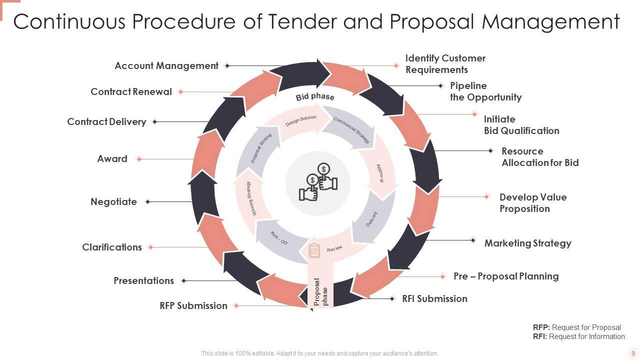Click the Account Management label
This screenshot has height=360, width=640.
(x=166, y=65)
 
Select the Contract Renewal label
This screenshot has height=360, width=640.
(x=131, y=91)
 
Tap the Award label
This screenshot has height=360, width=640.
(x=112, y=158)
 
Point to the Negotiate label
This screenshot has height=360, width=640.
(x=113, y=201)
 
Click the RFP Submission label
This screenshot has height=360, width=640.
(x=193, y=305)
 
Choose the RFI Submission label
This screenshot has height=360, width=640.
(x=434, y=298)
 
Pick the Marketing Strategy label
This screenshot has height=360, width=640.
(x=527, y=243)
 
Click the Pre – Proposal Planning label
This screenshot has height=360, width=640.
(x=506, y=276)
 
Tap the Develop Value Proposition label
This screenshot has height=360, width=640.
(x=533, y=203)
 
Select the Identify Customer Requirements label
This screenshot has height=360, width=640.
(x=445, y=64)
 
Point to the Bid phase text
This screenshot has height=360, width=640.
(x=315, y=96)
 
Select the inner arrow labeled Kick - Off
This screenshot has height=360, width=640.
(x=279, y=237)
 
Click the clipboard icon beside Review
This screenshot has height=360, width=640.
(x=314, y=250)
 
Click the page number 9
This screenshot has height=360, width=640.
(x=633, y=353)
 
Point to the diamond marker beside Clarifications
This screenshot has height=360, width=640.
(x=150, y=247)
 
